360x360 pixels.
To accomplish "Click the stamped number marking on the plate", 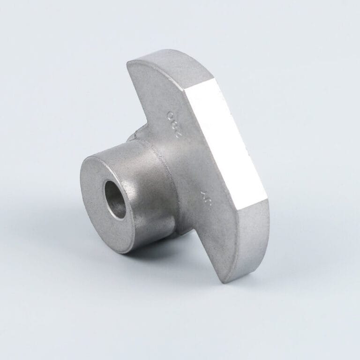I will tap(174, 122).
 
